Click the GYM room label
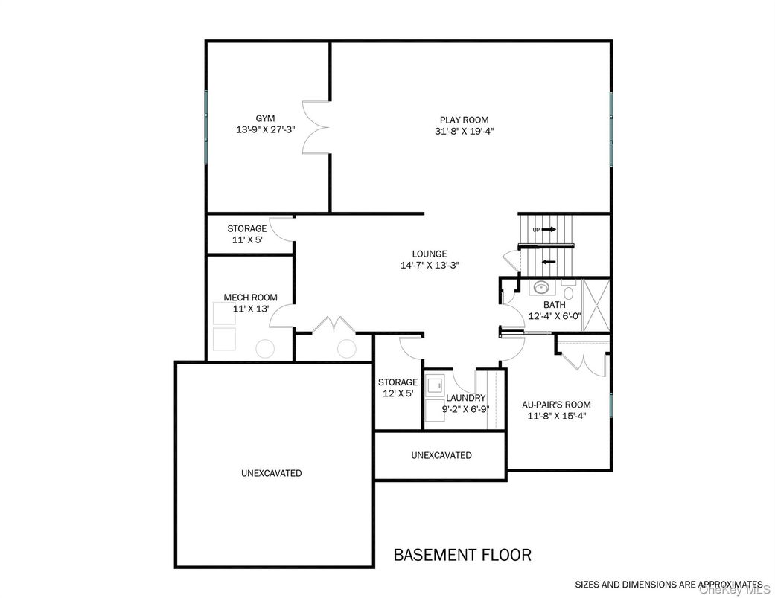265,118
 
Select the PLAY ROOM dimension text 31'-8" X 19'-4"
464,131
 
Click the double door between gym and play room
316,127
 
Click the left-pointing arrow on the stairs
549,261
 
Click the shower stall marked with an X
595,306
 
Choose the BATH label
554,304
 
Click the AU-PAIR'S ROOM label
556,405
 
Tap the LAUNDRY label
466,398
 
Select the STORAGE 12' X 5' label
398,388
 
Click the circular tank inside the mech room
264,349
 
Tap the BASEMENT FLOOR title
462,555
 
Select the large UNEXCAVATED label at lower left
271,473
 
